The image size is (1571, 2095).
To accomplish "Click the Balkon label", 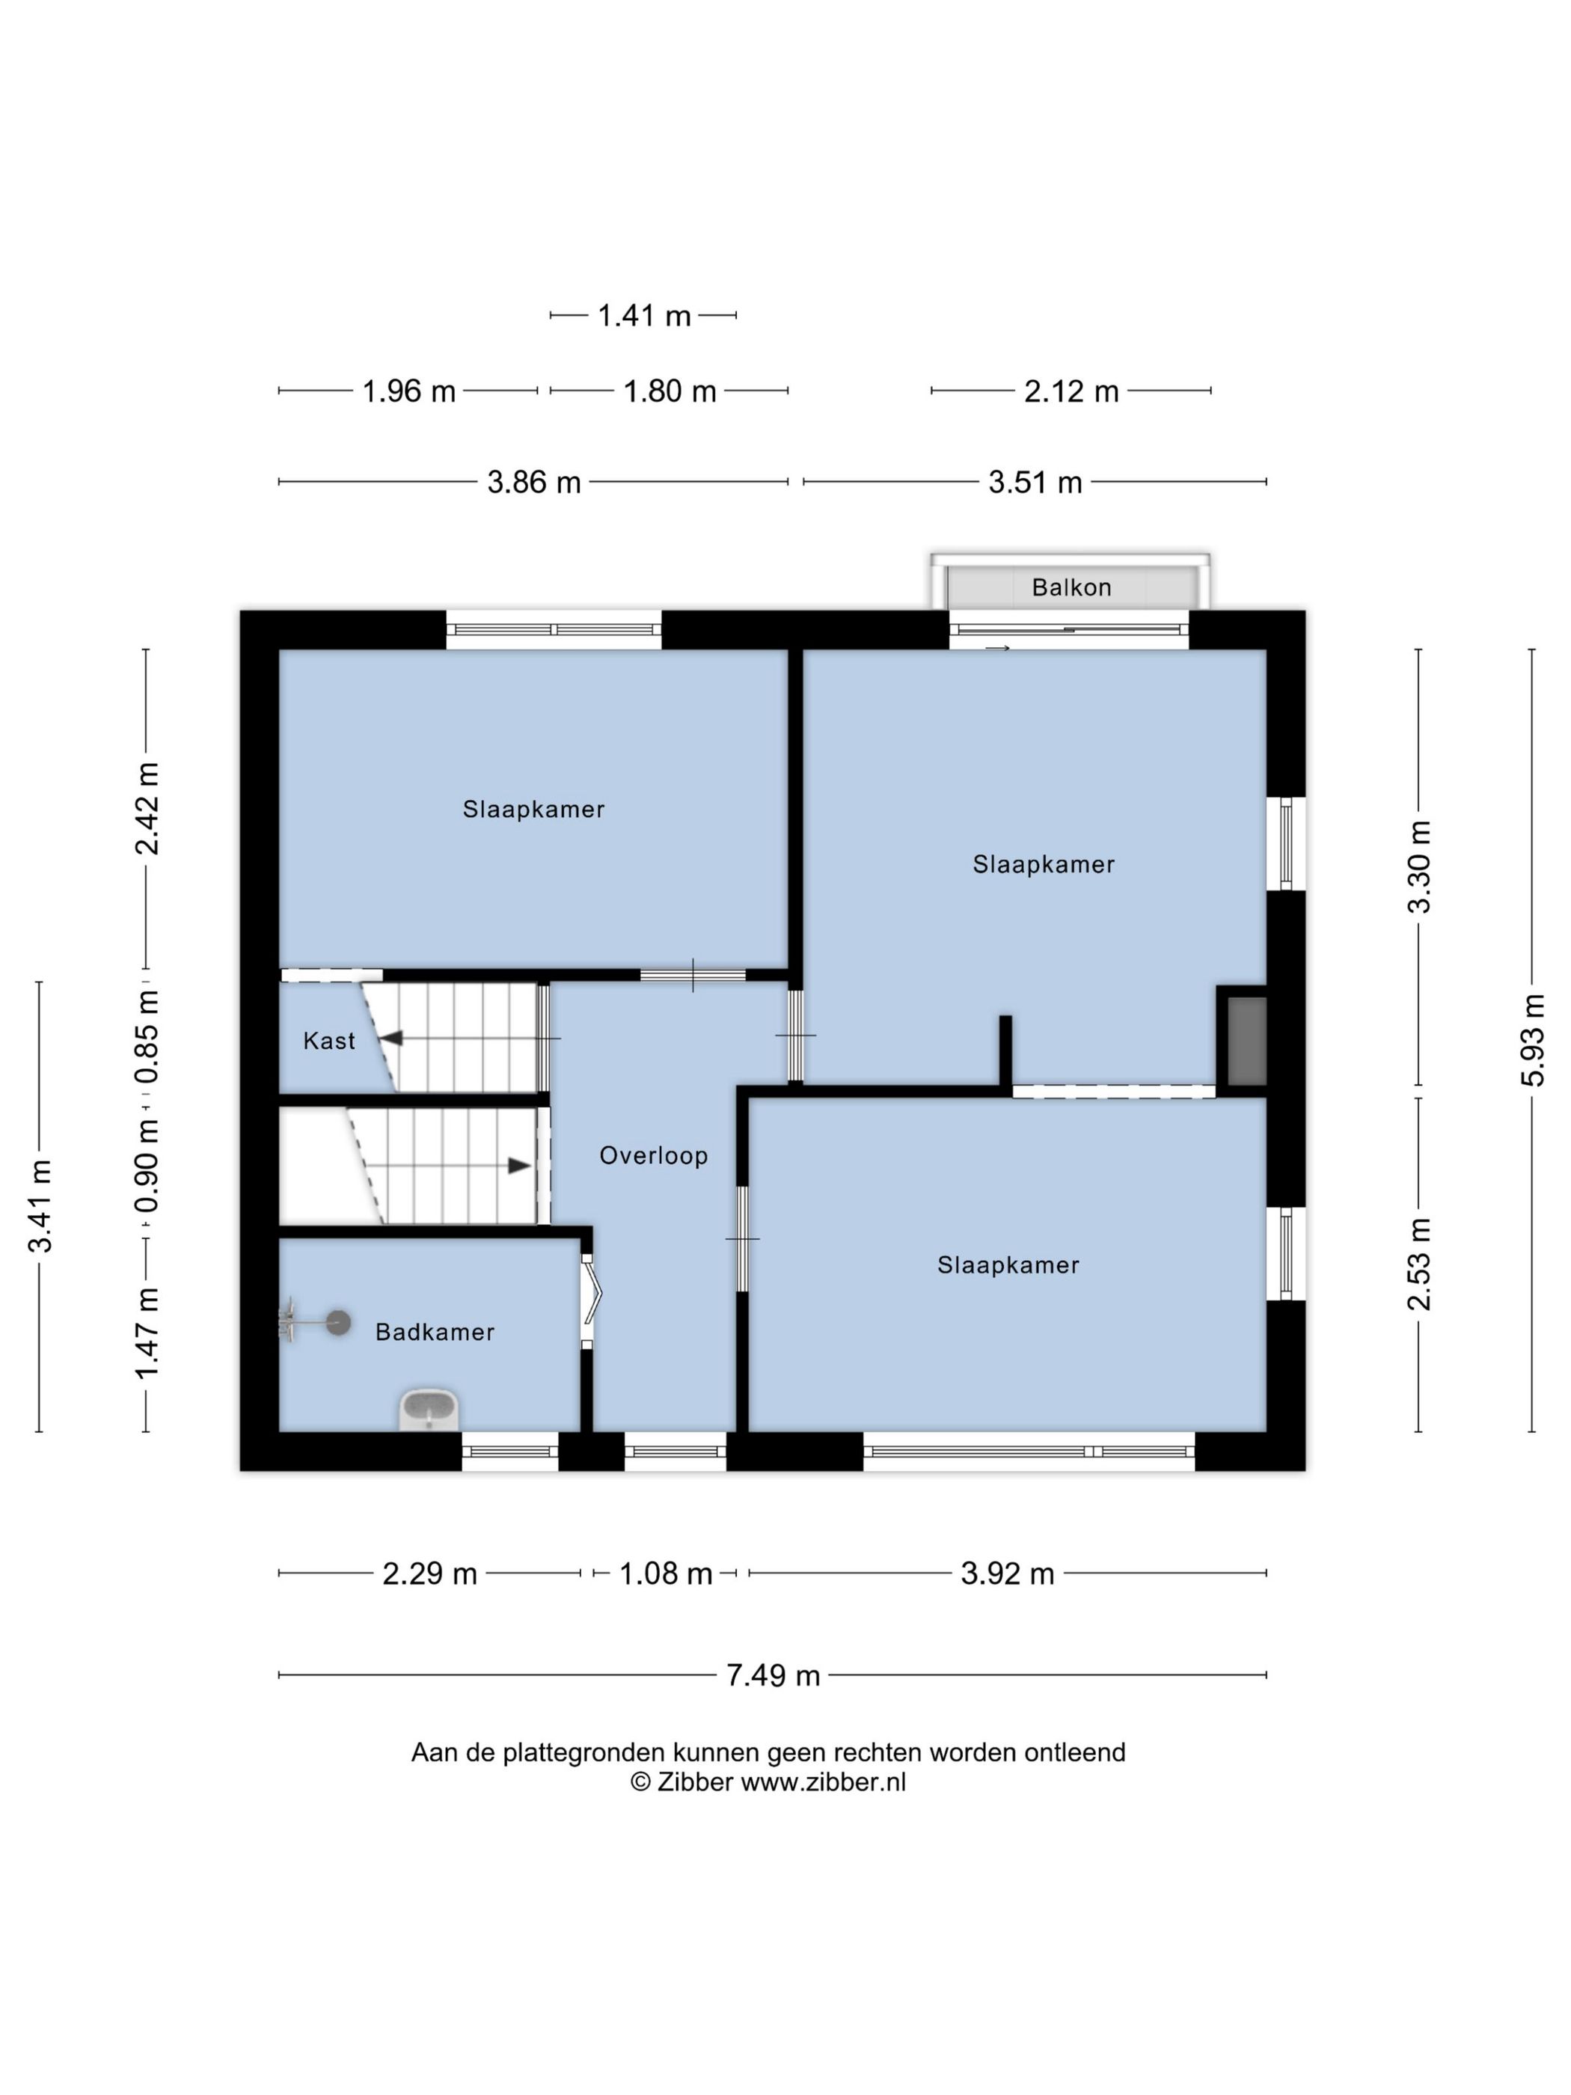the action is coord(1071,587).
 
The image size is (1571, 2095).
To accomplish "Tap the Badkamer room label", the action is coord(435,1333).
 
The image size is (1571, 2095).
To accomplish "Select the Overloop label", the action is coord(653,1155).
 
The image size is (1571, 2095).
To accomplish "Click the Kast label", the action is coord(328,1041).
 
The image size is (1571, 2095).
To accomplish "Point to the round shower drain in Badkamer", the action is coord(338,1323).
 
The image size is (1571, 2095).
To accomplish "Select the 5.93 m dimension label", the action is coord(1532,1040).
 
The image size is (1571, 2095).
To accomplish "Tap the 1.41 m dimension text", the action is coord(644,316).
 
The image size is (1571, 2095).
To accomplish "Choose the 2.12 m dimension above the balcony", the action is coord(1071,391).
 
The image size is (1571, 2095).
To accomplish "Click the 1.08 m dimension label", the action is coord(666,1573).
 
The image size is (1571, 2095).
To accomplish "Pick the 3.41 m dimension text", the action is coord(40,1205).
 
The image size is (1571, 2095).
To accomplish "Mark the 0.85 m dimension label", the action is coord(146,1036).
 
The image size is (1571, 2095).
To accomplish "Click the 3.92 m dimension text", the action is coord(1008,1573).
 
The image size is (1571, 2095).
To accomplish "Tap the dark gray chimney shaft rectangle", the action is coord(1246,1042).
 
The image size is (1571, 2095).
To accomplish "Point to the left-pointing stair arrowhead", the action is coord(391,1039).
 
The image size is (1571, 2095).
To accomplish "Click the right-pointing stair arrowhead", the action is coord(519,1166).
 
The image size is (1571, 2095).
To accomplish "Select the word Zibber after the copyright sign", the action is coord(695,1782).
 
